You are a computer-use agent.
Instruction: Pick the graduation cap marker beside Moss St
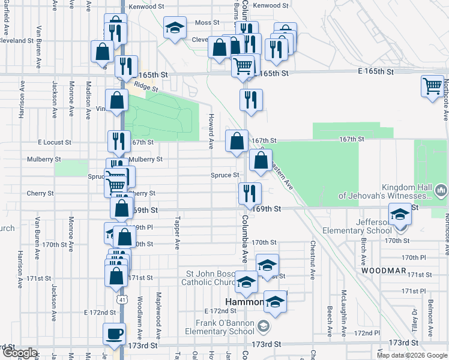pyautogui.click(x=175, y=28)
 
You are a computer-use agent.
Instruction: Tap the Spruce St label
pyautogui.click(x=225, y=175)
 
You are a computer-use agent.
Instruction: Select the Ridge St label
pyautogui.click(x=146, y=87)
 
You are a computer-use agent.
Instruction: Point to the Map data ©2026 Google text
pyautogui.click(x=411, y=355)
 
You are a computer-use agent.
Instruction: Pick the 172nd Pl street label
pyautogui.click(x=367, y=332)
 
